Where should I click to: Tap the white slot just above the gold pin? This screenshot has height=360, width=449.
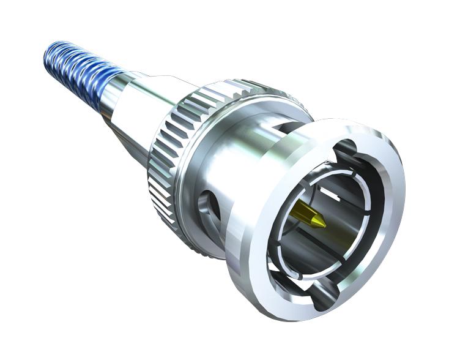pos(330,194)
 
